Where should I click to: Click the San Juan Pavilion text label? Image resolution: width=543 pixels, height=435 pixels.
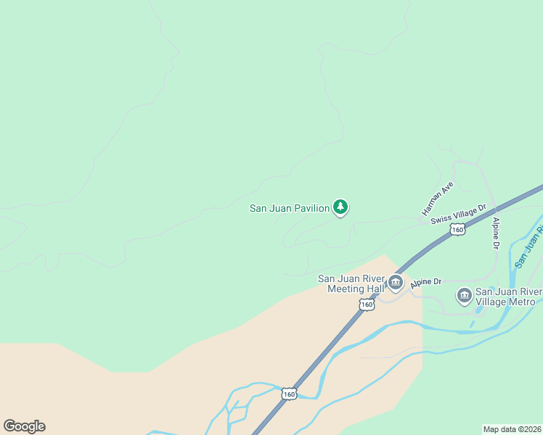pyautogui.click(x=290, y=209)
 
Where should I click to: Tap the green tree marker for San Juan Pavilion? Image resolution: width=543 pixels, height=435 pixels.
pyautogui.click(x=340, y=207)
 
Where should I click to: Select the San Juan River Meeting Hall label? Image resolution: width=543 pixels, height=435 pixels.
pyautogui.click(x=351, y=283)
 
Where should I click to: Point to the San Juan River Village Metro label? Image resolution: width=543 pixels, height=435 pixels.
pyautogui.click(x=508, y=297)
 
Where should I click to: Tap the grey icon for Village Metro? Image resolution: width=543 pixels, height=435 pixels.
pyautogui.click(x=465, y=296)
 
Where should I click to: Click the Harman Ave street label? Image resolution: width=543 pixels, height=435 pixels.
pyautogui.click(x=438, y=199)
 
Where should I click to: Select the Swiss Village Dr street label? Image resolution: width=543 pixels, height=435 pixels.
pyautogui.click(x=458, y=215)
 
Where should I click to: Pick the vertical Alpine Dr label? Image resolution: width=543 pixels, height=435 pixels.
pyautogui.click(x=497, y=233)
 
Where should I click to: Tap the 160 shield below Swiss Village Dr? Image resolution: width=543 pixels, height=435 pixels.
pyautogui.click(x=457, y=229)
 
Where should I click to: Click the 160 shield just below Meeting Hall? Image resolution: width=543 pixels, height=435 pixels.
pyautogui.click(x=367, y=305)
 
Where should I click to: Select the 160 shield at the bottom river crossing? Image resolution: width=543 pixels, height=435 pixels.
pyautogui.click(x=290, y=394)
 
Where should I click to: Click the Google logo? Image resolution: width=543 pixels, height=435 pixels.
pyautogui.click(x=24, y=426)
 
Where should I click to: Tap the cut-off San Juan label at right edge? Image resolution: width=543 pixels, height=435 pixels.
pyautogui.click(x=528, y=247)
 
